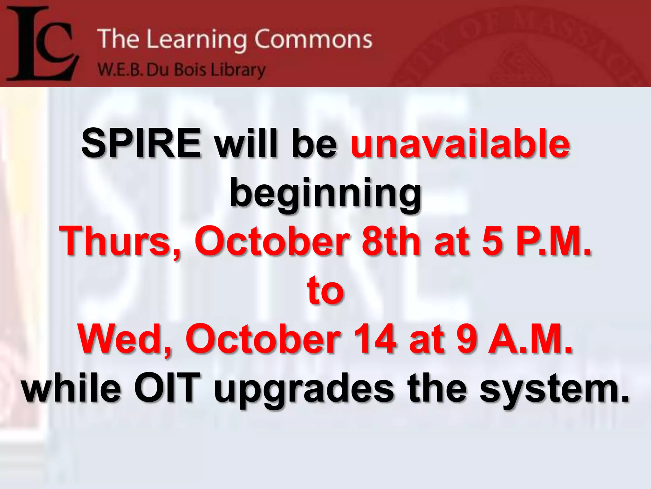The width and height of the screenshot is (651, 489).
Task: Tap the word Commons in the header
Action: coord(313,39)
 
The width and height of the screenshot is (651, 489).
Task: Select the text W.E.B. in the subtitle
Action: coord(119,70)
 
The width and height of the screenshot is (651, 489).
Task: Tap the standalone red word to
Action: coord(325,290)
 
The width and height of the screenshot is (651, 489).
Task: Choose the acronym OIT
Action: coord(168,388)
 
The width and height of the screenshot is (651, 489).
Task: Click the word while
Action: coord(72,388)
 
